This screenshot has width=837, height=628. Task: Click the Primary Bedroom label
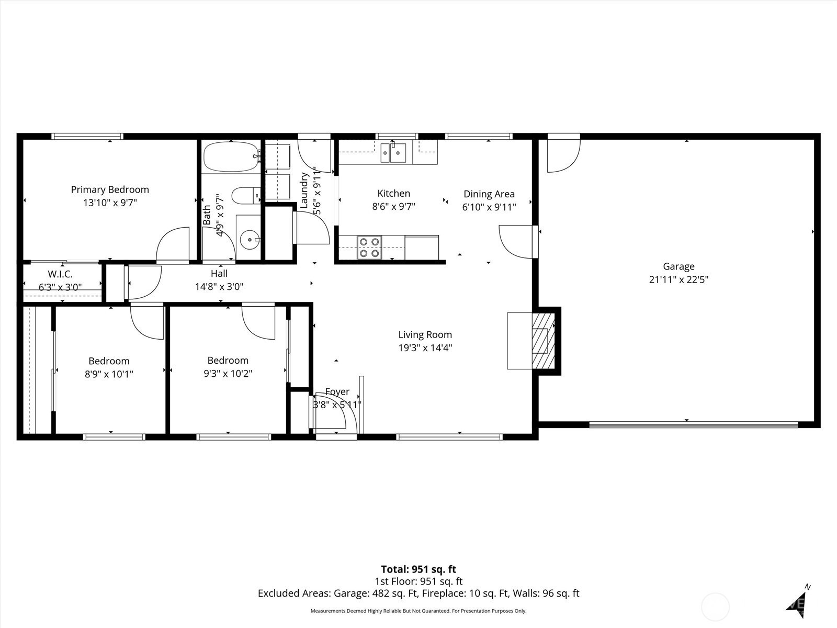click(110, 189)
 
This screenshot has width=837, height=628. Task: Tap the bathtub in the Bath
click(231, 156)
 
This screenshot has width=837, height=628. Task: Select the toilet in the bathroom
click(246, 195)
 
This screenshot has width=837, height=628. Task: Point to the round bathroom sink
click(250, 240)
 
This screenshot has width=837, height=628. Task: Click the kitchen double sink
click(393, 152)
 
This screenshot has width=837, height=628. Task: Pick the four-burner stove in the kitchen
click(369, 248)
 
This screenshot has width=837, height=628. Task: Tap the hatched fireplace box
click(544, 341)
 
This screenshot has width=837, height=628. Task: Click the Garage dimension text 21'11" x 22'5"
click(678, 279)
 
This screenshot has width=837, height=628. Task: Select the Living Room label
click(425, 334)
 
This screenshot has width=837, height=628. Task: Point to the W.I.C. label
click(60, 274)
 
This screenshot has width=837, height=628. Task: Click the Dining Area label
click(489, 194)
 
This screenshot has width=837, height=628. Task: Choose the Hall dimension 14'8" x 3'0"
click(219, 286)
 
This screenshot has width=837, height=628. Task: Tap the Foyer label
click(337, 391)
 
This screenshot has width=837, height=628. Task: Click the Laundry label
click(304, 190)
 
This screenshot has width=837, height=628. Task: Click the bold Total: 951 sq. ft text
click(418, 569)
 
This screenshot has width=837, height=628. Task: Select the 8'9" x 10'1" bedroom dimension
click(109, 374)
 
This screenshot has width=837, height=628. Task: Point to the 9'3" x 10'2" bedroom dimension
click(228, 373)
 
